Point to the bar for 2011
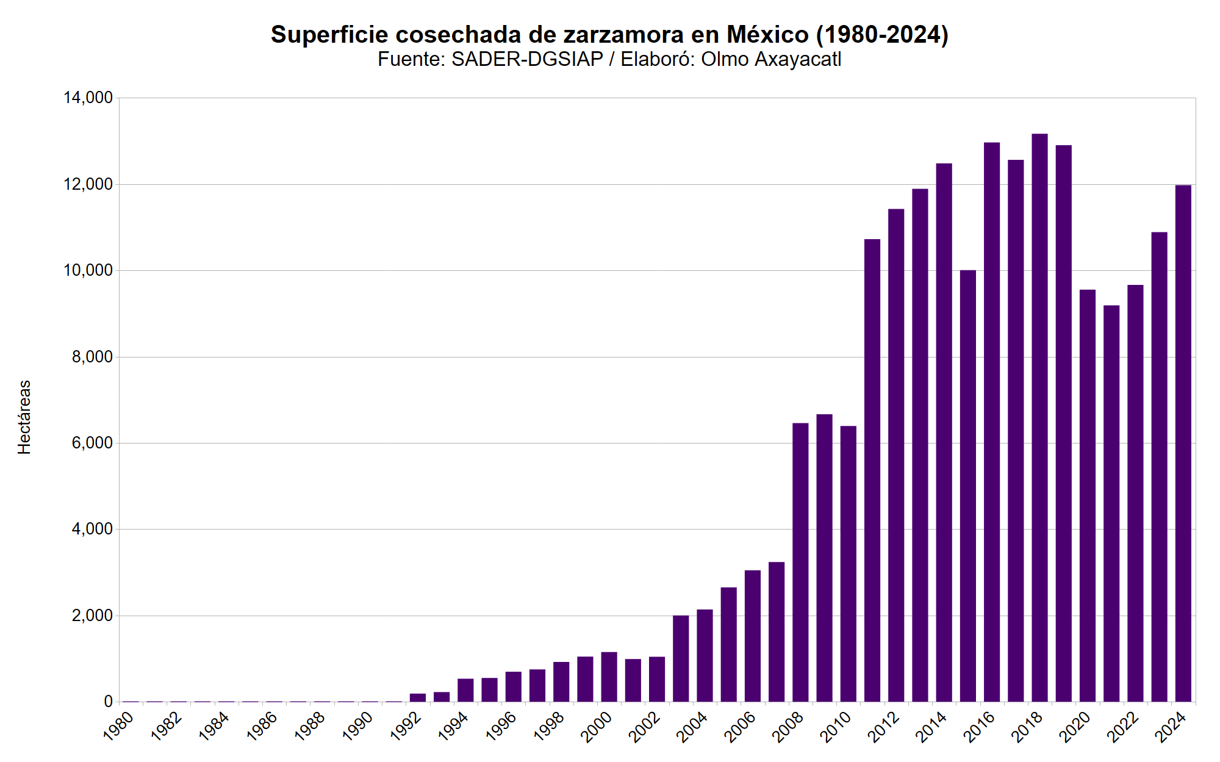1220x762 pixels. (x=872, y=470)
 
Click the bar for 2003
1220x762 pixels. (x=681, y=659)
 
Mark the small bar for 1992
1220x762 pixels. (x=418, y=698)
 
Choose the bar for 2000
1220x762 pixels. (x=609, y=677)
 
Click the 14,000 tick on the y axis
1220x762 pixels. (x=88, y=98)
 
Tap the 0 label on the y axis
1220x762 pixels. (x=108, y=702)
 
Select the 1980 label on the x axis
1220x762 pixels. (x=119, y=727)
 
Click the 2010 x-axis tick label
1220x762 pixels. (x=836, y=727)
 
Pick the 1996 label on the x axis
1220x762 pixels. (x=501, y=727)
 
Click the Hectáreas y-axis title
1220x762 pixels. (x=24, y=417)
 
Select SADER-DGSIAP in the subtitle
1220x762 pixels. (x=527, y=59)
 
